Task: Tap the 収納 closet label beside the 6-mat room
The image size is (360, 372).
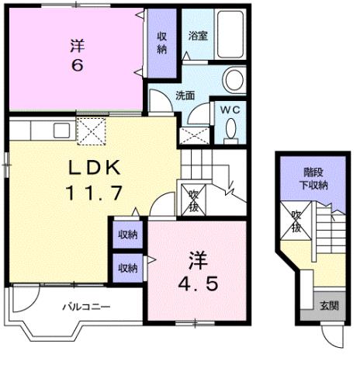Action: [162, 43]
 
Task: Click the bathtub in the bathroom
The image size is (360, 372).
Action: [230, 34]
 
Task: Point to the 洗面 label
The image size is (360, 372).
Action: [185, 97]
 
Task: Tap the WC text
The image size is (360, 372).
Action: [230, 110]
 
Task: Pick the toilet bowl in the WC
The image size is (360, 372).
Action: [230, 133]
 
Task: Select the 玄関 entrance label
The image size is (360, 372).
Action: [328, 305]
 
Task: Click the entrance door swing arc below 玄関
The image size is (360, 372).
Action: [331, 335]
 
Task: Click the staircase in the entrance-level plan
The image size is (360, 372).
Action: [326, 233]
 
